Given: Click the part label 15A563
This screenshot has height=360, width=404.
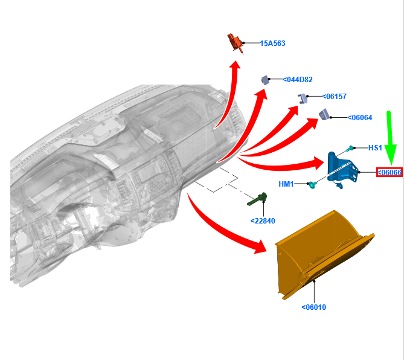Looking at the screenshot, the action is [x=272, y=43].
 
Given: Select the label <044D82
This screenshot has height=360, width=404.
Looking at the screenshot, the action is [x=298, y=80].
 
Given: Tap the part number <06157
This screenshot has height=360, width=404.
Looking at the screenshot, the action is [x=334, y=97].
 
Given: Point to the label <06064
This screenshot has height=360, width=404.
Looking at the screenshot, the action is [x=360, y=118].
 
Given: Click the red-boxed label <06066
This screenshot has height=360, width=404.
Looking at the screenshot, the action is [x=390, y=172].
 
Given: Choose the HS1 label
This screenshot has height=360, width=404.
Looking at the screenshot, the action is [x=375, y=148].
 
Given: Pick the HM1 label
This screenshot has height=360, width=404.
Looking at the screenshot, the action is [x=286, y=184].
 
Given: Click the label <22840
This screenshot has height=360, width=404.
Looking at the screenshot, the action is [x=263, y=221].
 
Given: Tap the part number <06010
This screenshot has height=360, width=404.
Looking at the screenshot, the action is [x=313, y=307].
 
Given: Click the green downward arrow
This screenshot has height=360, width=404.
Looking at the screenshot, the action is [x=390, y=138].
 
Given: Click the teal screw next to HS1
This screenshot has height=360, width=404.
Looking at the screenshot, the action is [x=350, y=149].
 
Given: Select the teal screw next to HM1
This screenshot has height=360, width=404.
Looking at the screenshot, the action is [x=313, y=184].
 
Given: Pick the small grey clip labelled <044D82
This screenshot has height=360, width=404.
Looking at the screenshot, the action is [x=265, y=80].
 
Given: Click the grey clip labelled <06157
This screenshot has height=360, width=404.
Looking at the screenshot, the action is [x=303, y=98].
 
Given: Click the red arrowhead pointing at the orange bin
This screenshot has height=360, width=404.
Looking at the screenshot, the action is [x=260, y=247].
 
